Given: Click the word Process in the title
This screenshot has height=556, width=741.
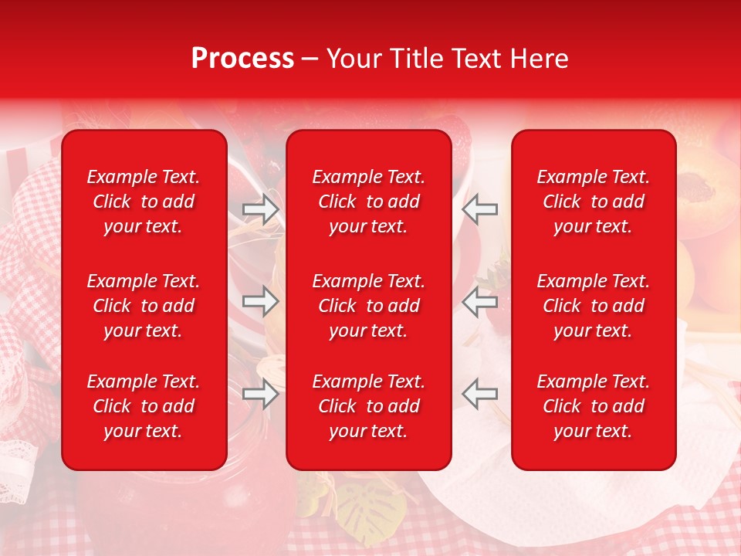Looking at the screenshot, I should tap(242, 59).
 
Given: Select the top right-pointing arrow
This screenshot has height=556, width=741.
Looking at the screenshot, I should tap(261, 209).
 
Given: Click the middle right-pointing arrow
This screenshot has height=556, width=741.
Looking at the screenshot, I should tap(261, 301).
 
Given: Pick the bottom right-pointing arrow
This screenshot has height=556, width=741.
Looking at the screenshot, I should tap(261, 394).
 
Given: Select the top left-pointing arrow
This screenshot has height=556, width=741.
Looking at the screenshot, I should tap(479, 209).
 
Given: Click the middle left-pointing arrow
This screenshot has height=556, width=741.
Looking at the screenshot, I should tap(479, 301).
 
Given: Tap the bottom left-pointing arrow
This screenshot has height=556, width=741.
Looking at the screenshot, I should tap(479, 394).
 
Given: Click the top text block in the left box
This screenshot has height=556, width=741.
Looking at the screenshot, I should tap(144, 202).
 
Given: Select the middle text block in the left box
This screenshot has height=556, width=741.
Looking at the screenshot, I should tap(144, 306).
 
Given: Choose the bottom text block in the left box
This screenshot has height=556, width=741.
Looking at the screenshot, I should tap(144, 406).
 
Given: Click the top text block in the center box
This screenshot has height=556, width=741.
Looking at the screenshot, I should tap(368, 202).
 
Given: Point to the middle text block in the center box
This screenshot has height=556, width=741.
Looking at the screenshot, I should tap(368, 306).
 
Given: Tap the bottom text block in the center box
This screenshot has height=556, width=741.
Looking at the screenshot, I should tap(368, 406).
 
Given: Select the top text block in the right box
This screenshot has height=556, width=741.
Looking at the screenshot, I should tap(593, 202).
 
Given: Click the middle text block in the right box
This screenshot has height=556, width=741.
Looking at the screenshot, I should tap(593, 306).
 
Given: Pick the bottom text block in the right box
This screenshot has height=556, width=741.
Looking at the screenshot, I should tap(593, 406).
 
